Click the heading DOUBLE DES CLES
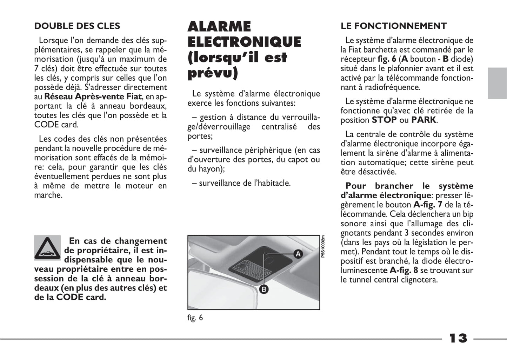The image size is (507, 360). [x=77, y=26]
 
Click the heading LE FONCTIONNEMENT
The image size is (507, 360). [x=393, y=26]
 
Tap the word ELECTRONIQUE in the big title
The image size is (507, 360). [x=244, y=42]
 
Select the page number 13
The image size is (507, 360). [x=458, y=338]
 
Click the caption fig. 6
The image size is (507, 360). [x=195, y=318]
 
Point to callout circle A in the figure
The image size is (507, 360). [x=298, y=253]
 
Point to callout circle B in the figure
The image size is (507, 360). [x=263, y=289]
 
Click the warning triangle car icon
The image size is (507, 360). [x=47, y=248]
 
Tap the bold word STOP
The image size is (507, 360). [x=384, y=120]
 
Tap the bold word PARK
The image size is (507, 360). [x=424, y=120]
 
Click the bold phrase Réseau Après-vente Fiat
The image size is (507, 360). [x=93, y=96]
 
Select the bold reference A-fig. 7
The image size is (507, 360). [x=428, y=205]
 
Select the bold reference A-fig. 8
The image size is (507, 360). [x=404, y=270]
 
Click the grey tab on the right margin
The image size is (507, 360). [x=497, y=83]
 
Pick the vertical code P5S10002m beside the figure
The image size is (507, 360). [x=323, y=246]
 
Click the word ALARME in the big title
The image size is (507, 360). [x=219, y=27]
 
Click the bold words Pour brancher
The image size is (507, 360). [x=379, y=186]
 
